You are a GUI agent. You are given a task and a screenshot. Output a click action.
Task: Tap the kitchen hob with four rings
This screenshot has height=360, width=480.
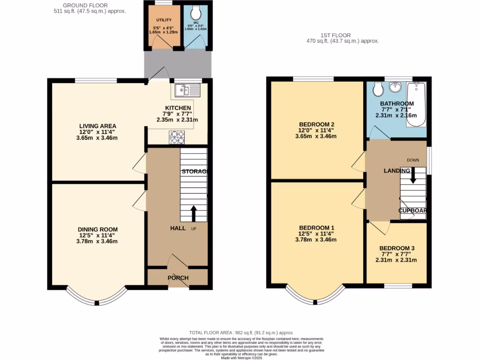click(x=177, y=136)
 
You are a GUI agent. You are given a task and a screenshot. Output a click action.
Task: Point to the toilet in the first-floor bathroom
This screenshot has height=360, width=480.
click(x=377, y=89)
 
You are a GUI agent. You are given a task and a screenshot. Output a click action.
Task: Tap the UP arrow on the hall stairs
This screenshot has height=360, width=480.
click(x=193, y=213)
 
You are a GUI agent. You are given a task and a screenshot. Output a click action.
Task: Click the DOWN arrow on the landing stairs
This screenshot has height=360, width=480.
click(x=413, y=175)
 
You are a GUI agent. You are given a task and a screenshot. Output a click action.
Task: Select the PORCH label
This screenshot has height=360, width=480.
click(x=178, y=278)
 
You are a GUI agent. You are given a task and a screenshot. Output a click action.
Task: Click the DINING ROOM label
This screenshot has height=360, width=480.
click(x=97, y=229)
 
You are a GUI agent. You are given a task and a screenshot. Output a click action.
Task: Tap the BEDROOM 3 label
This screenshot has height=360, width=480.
click(x=397, y=248)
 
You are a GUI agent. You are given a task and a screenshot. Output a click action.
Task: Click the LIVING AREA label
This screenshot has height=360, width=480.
click(x=97, y=126)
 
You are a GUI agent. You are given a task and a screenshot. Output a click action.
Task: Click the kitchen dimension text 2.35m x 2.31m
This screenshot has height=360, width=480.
click(x=177, y=120)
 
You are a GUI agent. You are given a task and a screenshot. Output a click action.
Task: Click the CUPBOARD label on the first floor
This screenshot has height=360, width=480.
click(x=412, y=210)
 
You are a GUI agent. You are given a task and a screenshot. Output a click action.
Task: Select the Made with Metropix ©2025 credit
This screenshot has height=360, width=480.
click(x=241, y=358)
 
